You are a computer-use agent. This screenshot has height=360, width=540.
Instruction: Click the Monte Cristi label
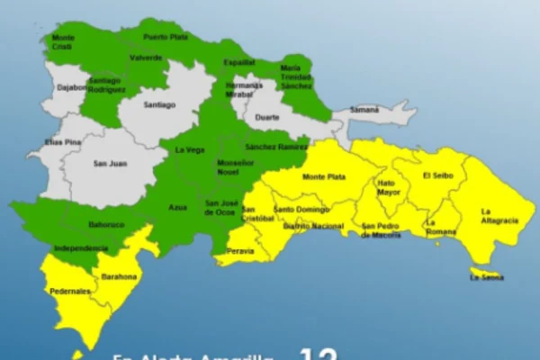point(63,42)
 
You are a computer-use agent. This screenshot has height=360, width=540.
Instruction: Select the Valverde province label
point(145,57)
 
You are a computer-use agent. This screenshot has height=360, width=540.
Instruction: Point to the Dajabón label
point(70,87)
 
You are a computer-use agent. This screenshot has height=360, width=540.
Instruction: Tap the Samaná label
point(364,110)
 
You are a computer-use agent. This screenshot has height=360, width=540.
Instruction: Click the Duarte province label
point(267,117)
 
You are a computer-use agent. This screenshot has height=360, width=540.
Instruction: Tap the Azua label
point(177,207)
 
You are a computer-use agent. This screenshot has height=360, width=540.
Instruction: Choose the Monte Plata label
point(324,177)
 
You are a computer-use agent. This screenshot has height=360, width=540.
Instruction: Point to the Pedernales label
point(69,291)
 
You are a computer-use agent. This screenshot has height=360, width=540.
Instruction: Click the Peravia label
point(239,250)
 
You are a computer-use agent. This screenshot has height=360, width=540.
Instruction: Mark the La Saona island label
point(486,278)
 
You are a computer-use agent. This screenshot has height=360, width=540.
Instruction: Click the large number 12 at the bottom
point(317,354)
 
